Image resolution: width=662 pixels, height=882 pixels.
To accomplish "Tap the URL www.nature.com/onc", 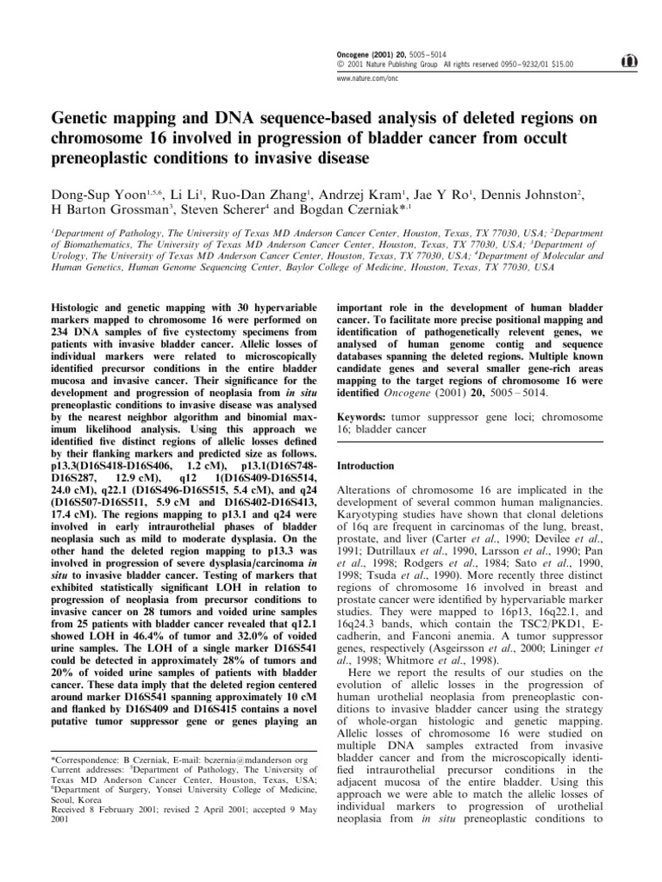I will click(362, 78).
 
